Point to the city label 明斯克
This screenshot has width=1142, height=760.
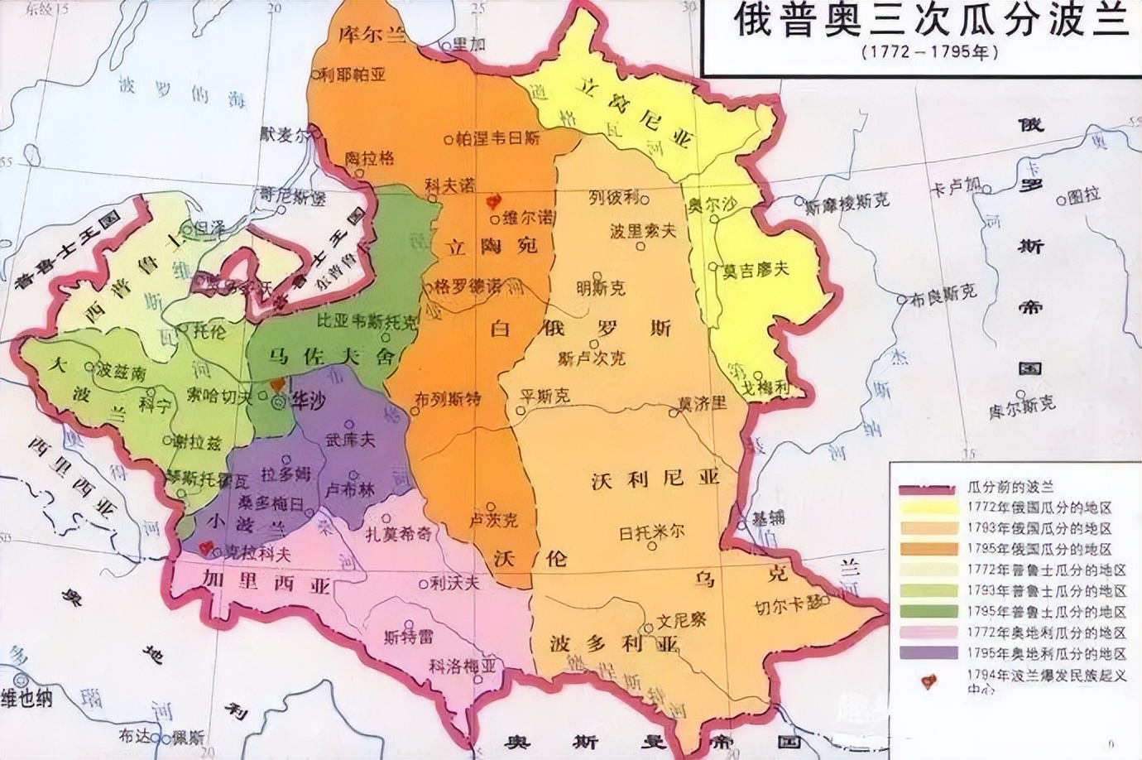(x=601, y=287)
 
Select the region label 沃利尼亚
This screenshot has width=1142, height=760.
(x=656, y=478)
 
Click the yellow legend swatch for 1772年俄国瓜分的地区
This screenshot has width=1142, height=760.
(x=926, y=507)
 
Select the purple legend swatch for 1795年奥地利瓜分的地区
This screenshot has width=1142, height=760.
(x=926, y=652)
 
